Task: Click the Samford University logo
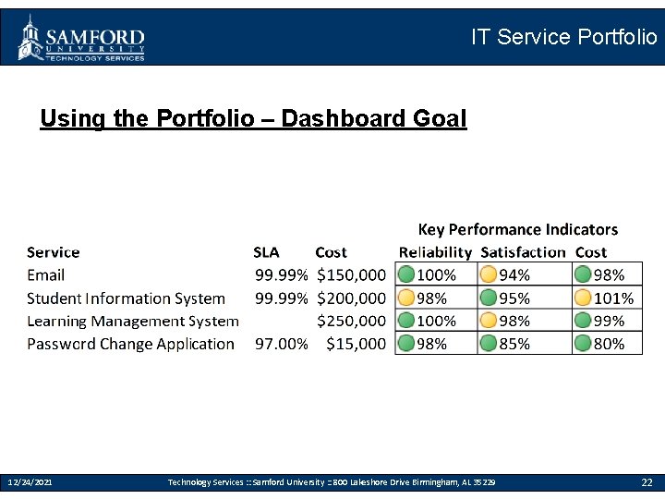click(x=81, y=38)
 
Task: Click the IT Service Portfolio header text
click(x=563, y=37)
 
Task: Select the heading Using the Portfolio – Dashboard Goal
click(x=253, y=119)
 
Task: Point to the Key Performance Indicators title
click(x=517, y=229)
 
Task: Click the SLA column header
click(x=266, y=252)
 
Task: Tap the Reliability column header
click(x=435, y=252)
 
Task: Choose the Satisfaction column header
click(x=523, y=252)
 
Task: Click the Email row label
click(x=45, y=275)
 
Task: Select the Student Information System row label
click(x=126, y=298)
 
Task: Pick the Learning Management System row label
click(x=132, y=322)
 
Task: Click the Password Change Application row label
click(x=130, y=344)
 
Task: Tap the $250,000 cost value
click(x=351, y=322)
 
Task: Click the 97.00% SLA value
click(x=281, y=344)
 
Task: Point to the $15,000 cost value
click(x=356, y=344)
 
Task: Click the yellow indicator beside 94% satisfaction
click(x=489, y=274)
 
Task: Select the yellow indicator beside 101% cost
click(x=583, y=298)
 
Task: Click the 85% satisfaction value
click(x=514, y=344)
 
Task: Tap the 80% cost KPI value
click(x=609, y=344)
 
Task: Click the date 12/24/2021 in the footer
click(x=30, y=482)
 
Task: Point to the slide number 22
click(x=647, y=482)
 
